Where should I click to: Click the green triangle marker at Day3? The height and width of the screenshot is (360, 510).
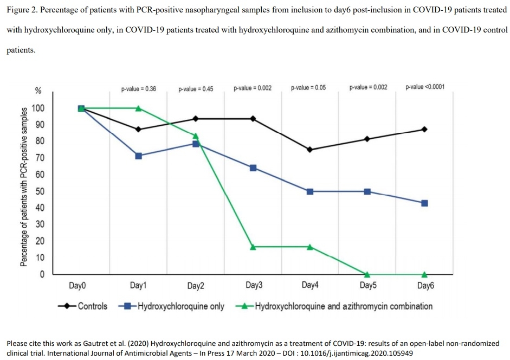[x=253, y=247]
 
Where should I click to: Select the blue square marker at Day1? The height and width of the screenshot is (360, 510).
[x=138, y=156]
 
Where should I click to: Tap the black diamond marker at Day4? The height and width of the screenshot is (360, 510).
[x=310, y=150]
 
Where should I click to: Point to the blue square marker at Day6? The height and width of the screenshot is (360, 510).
[x=424, y=203]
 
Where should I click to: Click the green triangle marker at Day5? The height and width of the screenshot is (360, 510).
[x=367, y=274]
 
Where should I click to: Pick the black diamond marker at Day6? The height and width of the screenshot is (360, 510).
[x=424, y=129]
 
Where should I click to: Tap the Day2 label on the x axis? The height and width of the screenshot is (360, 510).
[x=196, y=286]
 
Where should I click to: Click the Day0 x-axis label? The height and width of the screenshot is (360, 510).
[x=78, y=285]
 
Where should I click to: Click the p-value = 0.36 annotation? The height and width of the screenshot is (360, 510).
[x=139, y=88]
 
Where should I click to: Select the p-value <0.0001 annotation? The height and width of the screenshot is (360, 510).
[x=425, y=87]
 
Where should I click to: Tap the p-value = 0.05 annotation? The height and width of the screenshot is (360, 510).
[x=308, y=87]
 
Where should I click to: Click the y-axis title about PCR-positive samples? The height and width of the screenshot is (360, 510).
[x=24, y=187]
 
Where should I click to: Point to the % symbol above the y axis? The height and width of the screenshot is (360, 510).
[x=38, y=91]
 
